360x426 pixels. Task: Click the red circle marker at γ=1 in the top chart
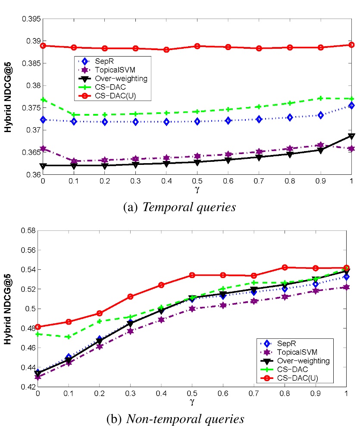pos(351,45)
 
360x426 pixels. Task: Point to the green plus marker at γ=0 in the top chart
pos(43,100)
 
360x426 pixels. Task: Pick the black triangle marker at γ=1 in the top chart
pos(351,136)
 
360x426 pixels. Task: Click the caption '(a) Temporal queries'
pos(179,207)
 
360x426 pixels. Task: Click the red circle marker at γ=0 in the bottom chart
pos(38,327)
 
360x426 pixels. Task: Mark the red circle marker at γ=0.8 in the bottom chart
pos(284,268)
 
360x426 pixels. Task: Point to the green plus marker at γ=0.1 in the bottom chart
pos(69,337)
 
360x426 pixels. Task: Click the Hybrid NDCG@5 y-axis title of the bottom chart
pos(8,308)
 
